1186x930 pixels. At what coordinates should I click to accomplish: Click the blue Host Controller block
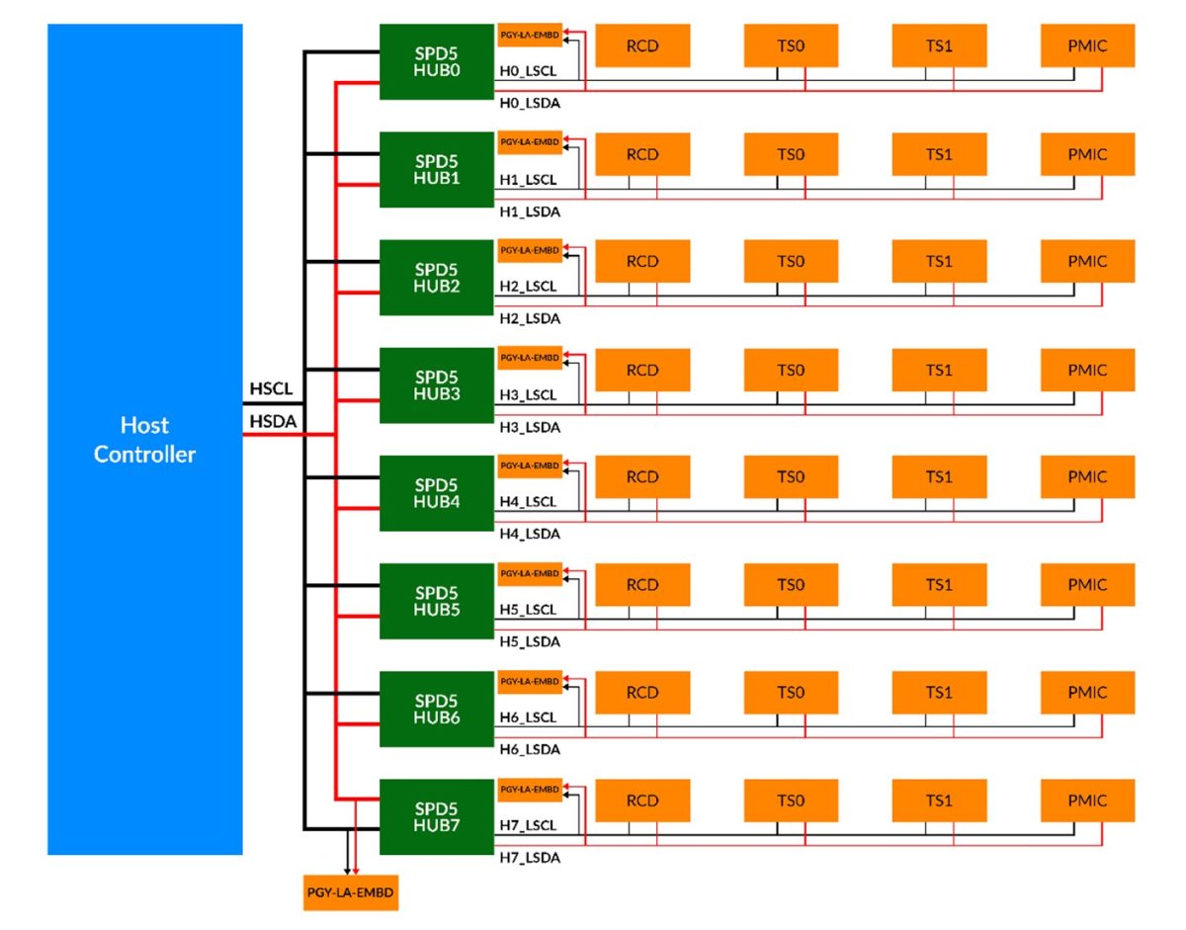[x=144, y=439]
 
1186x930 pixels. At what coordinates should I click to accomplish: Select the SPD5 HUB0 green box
[x=437, y=61]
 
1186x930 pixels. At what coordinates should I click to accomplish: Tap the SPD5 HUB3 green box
[x=437, y=384]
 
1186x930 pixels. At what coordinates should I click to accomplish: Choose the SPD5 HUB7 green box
[x=437, y=816]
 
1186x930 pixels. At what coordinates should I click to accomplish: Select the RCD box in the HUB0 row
[x=641, y=45]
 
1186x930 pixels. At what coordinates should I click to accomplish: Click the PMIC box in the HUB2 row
[x=1087, y=262]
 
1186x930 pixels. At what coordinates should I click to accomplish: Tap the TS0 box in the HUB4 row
[x=791, y=477]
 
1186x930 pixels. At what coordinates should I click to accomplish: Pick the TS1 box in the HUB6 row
[x=939, y=693]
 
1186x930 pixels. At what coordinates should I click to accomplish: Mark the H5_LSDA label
[x=529, y=642]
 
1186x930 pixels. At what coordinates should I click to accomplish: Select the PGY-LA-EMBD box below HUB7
[x=351, y=892]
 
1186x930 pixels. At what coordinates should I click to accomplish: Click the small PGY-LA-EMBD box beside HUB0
[x=530, y=35]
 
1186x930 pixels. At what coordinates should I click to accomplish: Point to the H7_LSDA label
[x=529, y=858]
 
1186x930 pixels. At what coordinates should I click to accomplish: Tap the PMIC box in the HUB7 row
[x=1087, y=801]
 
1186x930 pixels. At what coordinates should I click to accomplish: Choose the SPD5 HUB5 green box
[x=437, y=601]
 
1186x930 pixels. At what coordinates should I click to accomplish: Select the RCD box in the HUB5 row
[x=641, y=585]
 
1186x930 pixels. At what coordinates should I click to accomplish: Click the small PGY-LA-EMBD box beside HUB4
[x=530, y=465]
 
